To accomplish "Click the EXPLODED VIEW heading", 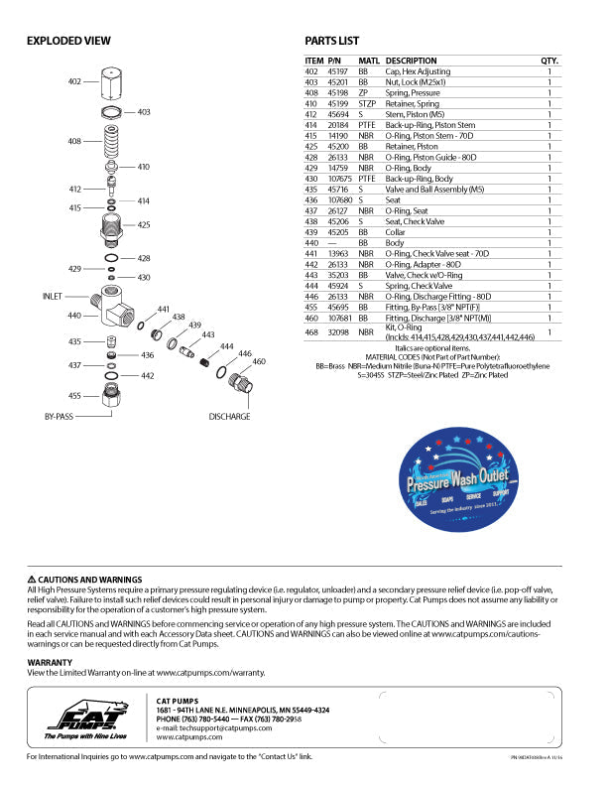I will click(x=68, y=41).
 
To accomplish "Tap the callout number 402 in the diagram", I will click(x=74, y=80).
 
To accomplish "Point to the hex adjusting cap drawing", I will click(x=113, y=81).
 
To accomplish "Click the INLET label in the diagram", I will click(x=53, y=296).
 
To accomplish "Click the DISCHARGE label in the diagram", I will click(x=229, y=417).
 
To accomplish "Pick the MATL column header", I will click(x=369, y=61).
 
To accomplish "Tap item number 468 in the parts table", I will click(x=311, y=333).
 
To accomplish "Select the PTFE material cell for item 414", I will click(x=367, y=126).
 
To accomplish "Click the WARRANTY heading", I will click(x=49, y=661).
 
